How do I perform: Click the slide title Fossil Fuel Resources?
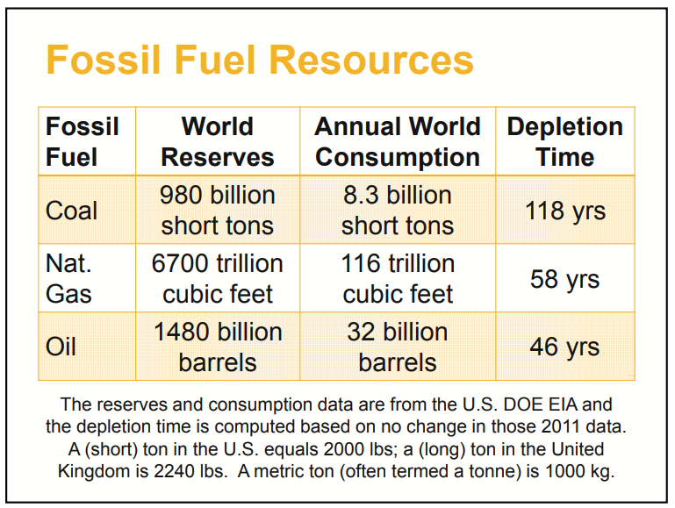coord(260,61)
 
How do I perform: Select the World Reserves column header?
coord(218,141)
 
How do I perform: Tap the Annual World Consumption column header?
coord(398,141)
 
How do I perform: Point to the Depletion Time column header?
coord(564,141)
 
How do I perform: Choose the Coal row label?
coord(72,211)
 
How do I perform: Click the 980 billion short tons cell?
coord(218,210)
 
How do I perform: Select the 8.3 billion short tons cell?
coord(398,210)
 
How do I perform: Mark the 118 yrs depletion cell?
coord(564,211)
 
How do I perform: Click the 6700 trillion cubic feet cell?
coord(218,278)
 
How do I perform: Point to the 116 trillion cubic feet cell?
coord(398,278)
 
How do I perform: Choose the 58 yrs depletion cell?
coord(564,280)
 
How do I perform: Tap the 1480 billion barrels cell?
coord(218,347)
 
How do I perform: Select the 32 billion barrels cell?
coord(398,347)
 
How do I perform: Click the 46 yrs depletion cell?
coord(564,347)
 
